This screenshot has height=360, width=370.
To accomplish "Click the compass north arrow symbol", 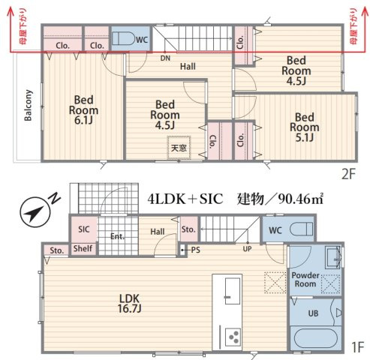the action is tap(35, 212).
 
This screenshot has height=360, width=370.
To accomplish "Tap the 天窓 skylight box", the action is tap(179, 148).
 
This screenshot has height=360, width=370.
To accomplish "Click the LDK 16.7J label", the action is tap(129, 304).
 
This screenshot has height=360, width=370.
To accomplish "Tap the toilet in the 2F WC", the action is tap(122, 38).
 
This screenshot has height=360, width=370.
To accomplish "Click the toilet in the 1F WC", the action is tap(301, 229).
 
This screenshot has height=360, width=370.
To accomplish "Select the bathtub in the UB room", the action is tap(316, 338).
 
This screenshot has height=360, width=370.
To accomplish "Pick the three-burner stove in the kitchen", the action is tap(233, 337).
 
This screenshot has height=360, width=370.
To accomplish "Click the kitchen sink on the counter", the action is tap(233, 291).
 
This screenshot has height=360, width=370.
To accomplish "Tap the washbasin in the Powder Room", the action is tap(333, 256).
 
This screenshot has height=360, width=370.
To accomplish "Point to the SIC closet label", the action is tap(83, 229).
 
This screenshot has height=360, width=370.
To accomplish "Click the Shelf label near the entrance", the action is tap(83, 248).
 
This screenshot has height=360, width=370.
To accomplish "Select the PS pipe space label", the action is tap(195, 250).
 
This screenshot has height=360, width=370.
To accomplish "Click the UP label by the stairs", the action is tap(247, 249).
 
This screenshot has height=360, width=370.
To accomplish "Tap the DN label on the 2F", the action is tap(165, 58).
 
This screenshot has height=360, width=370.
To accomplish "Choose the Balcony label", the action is tap(28, 105).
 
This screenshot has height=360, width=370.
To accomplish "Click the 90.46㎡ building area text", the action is tap(300, 199).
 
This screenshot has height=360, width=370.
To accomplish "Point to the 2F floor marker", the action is tap(348, 174).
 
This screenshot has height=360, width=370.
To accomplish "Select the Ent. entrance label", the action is tap(117, 236).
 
